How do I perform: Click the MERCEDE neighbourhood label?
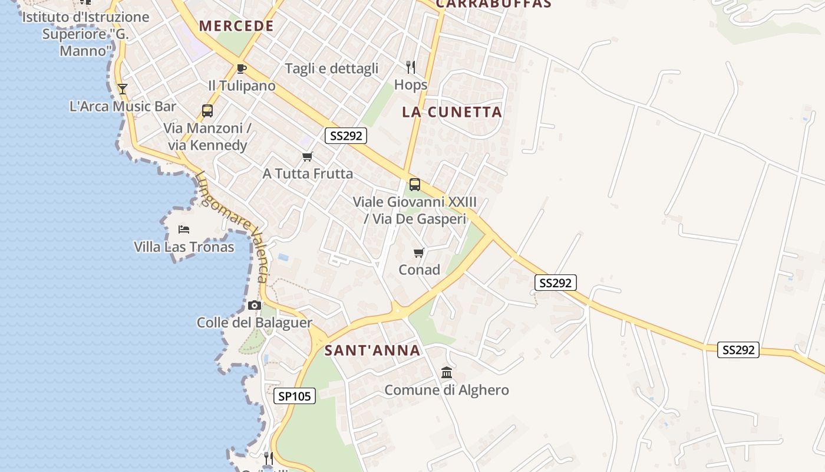pyautogui.click(x=236, y=26)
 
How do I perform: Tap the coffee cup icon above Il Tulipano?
pyautogui.click(x=241, y=68)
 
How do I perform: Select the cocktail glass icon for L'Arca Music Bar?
pyautogui.click(x=123, y=89)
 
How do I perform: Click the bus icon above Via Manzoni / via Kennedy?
pyautogui.click(x=207, y=110)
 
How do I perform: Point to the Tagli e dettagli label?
pyautogui.click(x=331, y=68)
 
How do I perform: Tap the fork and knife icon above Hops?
pyautogui.click(x=411, y=67)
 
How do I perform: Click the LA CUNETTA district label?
pyautogui.click(x=452, y=112)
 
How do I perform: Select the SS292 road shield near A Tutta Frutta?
pyautogui.click(x=346, y=136)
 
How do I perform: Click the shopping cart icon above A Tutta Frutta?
pyautogui.click(x=307, y=157)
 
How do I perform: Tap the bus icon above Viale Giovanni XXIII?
pyautogui.click(x=415, y=185)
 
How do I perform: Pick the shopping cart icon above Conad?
pyautogui.click(x=419, y=253)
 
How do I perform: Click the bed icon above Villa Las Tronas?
pyautogui.click(x=184, y=229)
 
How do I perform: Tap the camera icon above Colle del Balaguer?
pyautogui.click(x=255, y=305)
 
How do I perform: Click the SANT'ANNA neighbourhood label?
pyautogui.click(x=372, y=350)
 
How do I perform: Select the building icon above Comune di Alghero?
pyautogui.click(x=447, y=373)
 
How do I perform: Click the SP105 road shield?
pyautogui.click(x=295, y=396)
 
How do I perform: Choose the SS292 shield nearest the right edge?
pyautogui.click(x=738, y=350)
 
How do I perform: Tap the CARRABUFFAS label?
pyautogui.click(x=494, y=4)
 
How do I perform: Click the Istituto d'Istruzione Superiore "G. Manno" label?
pyautogui.click(x=86, y=34)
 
